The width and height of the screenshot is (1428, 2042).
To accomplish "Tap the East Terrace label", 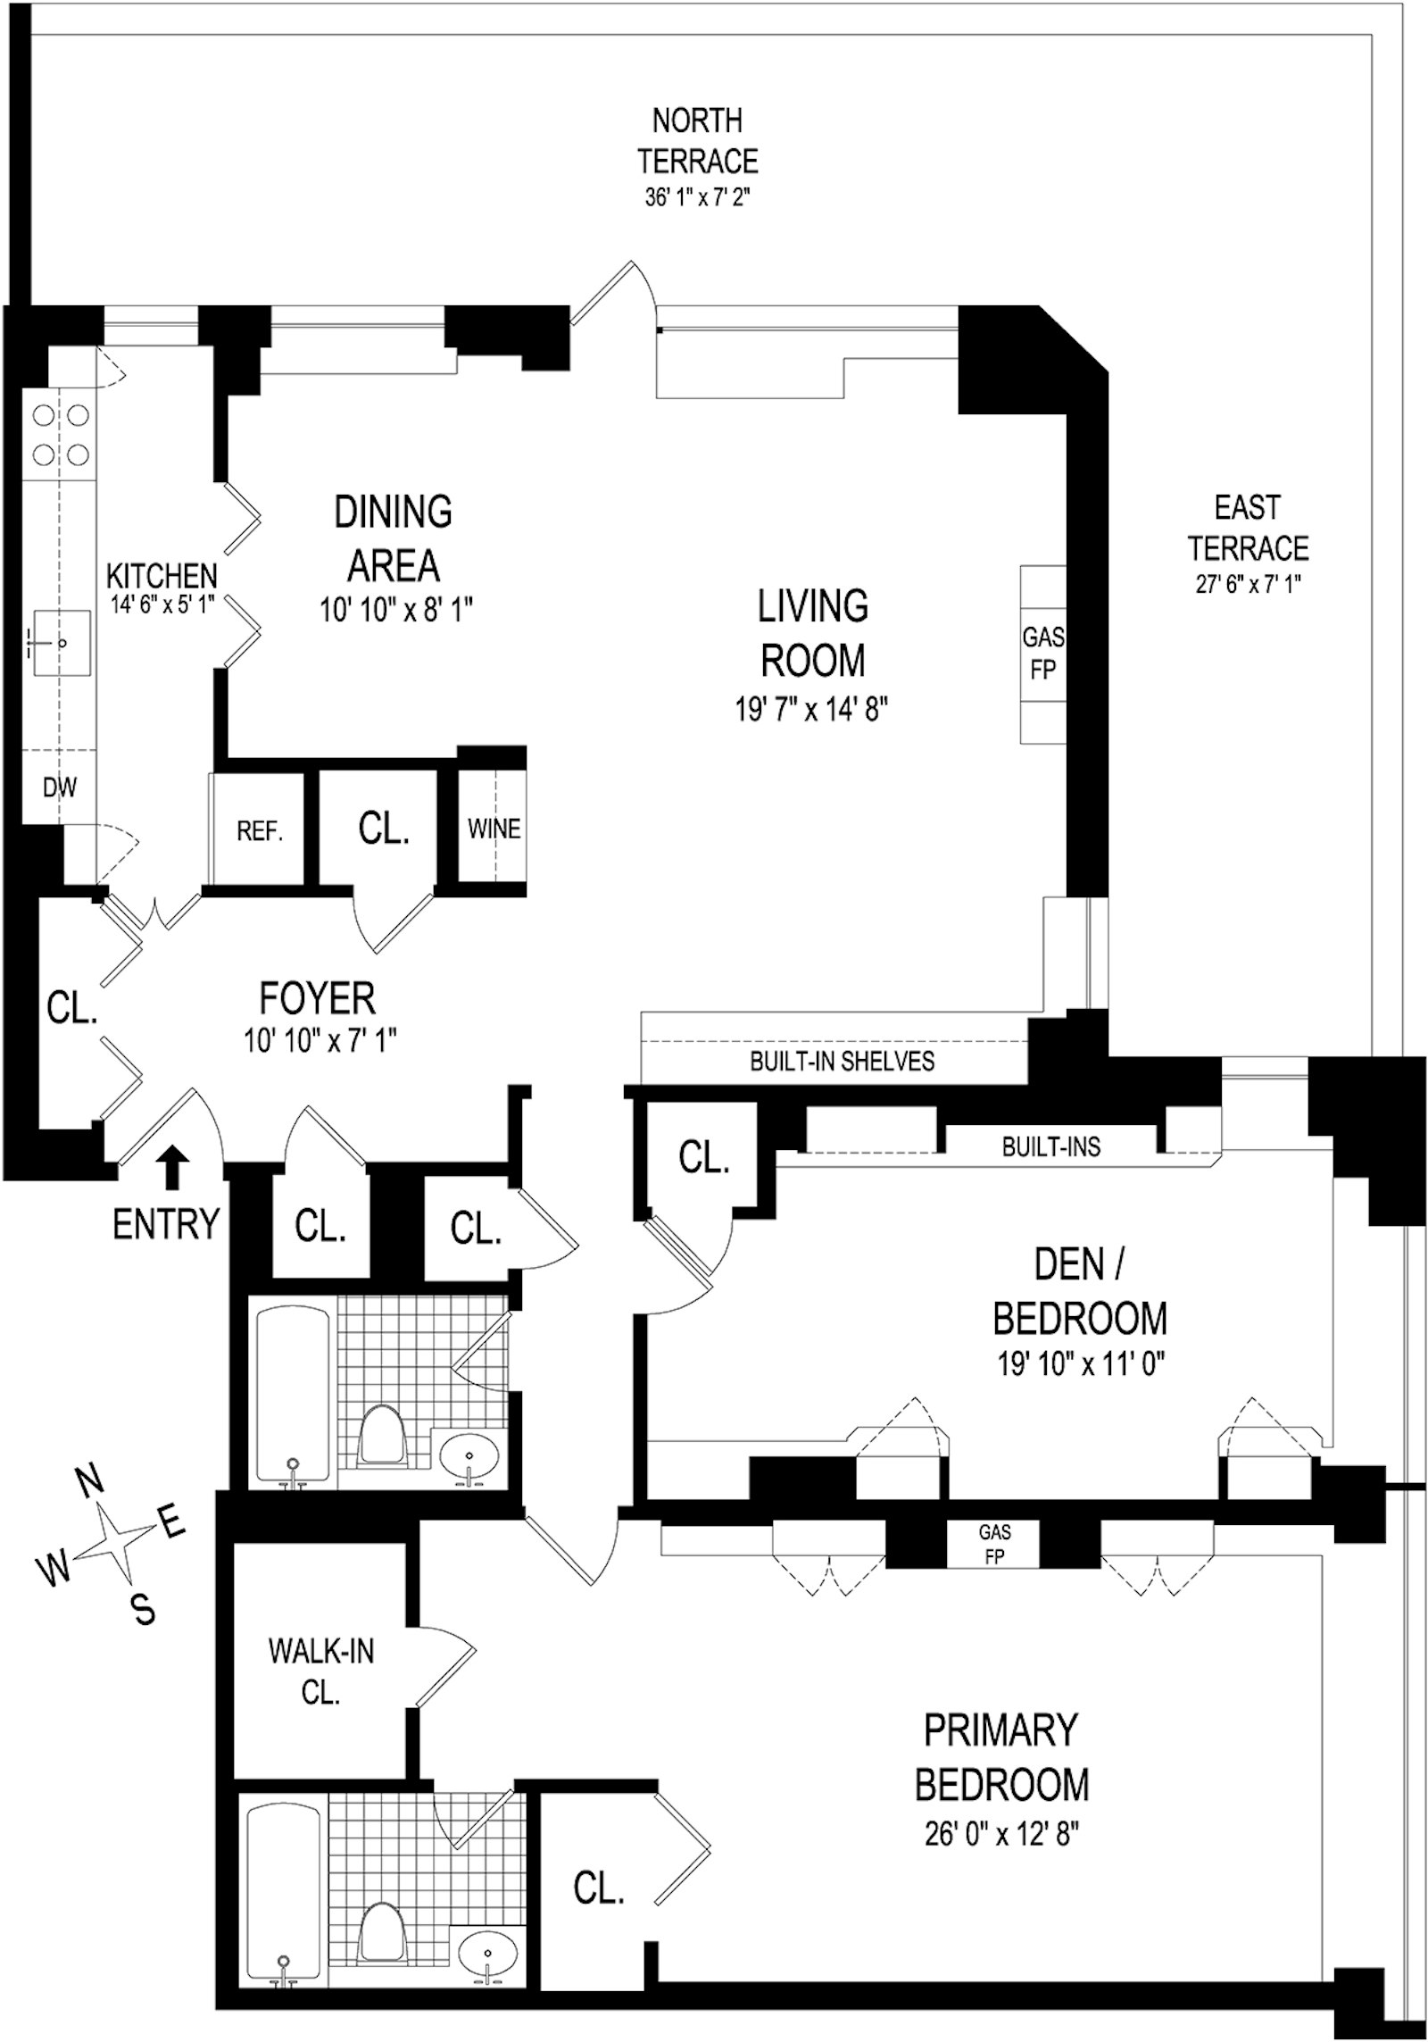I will coord(1248,528).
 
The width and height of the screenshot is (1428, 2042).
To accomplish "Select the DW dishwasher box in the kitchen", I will coord(59,788).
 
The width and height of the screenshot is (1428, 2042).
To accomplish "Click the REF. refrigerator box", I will coord(260,831).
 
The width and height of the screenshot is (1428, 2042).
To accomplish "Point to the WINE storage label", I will coord(494,829).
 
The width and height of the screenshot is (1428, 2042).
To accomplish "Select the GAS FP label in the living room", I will coord(1042,654).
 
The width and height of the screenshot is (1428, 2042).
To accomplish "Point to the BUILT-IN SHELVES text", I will coord(842,1061).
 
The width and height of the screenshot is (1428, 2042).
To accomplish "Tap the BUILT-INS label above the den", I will coord(1050,1147).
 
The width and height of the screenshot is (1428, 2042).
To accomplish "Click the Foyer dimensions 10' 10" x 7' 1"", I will coord(319,1041).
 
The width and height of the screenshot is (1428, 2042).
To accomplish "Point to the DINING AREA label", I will coord(393,538).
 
